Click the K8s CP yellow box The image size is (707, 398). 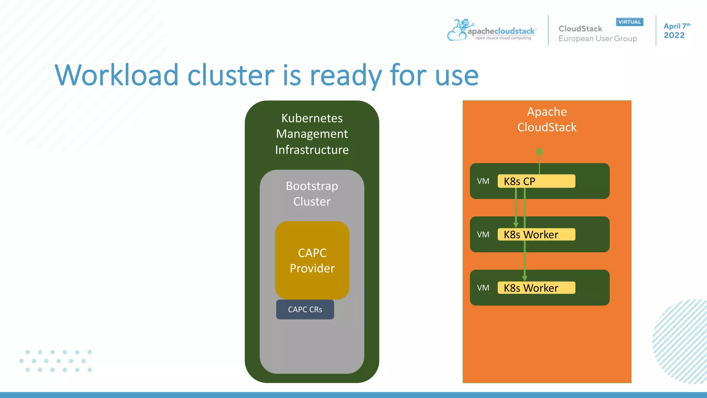coord(536,181)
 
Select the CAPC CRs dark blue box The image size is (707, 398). coord(305,310)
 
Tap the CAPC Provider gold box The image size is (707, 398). coord(312,260)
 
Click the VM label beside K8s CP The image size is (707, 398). coord(483,181)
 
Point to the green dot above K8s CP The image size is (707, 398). coord(539,152)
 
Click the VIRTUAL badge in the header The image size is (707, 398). coord(629,22)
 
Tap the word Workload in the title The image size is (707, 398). coord(117,75)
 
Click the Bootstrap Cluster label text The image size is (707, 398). coord(312,193)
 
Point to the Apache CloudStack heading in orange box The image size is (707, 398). coord(547,119)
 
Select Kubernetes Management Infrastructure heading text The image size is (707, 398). coord(312,134)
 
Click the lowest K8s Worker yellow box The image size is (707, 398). coord(536,288)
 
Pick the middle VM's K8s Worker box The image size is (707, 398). coord(536,235)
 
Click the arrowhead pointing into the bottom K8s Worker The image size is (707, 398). coord(524,278)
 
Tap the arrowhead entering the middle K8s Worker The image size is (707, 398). coord(516,225)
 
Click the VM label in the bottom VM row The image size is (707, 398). coord(483,288)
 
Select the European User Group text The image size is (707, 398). coord(598,39)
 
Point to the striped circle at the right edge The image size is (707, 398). coord(682,342)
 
